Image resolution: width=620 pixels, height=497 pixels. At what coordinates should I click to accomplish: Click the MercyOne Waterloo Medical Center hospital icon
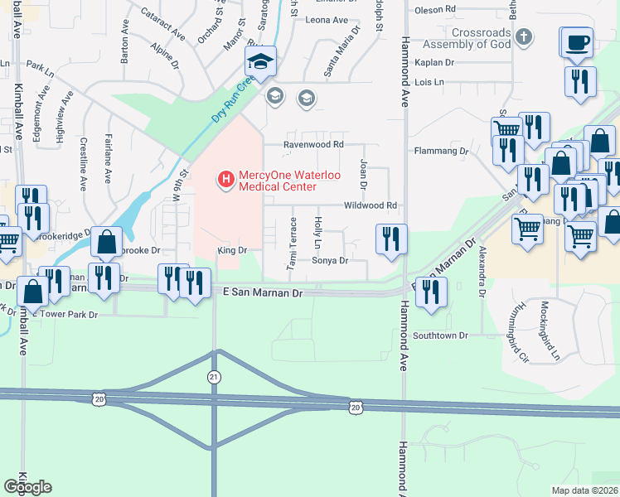224,178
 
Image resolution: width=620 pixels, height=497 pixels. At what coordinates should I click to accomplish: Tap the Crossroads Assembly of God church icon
523,36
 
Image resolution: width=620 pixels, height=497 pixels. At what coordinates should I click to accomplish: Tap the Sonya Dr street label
328,260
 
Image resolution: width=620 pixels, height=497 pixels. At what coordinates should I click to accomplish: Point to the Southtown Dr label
442,335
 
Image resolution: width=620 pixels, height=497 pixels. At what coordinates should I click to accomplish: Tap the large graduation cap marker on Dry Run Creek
260,60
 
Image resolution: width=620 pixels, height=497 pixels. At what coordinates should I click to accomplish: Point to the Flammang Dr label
441,152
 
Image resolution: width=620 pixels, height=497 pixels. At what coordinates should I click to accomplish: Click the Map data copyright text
584,490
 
